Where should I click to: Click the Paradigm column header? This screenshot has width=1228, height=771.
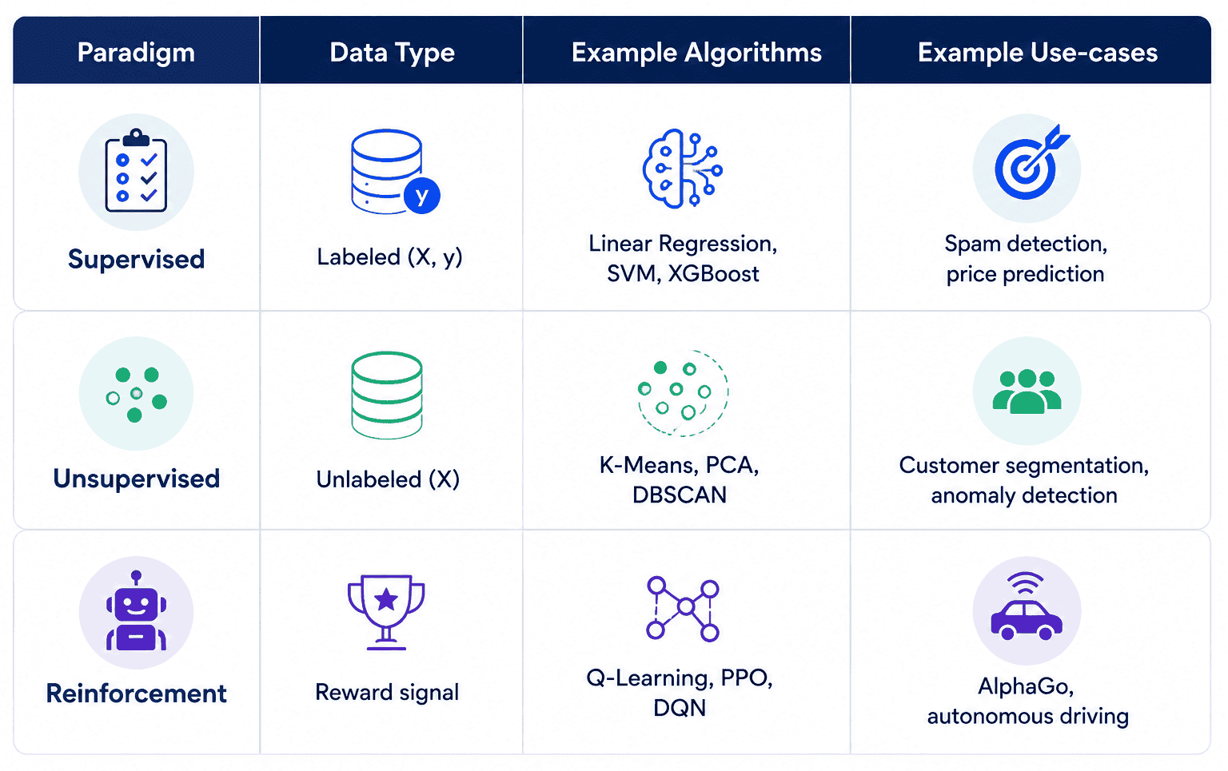point(136,53)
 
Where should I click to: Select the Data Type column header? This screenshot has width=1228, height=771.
point(392,53)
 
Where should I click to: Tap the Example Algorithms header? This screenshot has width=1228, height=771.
point(696,53)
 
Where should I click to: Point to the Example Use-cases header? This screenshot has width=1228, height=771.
point(1037,53)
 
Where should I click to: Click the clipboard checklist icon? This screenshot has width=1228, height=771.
point(136,170)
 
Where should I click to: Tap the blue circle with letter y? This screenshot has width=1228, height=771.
point(421,195)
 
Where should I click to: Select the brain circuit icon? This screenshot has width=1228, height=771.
point(683,169)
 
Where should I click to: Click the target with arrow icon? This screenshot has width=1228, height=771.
point(1030,163)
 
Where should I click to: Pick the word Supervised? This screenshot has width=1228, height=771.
point(136,259)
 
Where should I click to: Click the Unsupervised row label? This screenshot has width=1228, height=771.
point(136,479)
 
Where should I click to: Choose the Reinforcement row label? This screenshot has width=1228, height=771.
point(136,694)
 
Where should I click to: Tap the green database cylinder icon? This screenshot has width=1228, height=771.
point(387,395)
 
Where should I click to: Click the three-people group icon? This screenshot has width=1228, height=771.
point(1027,391)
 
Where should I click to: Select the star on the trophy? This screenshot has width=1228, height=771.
point(386,599)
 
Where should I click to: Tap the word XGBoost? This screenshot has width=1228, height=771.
point(713,274)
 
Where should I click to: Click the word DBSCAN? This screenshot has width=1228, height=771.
point(680,495)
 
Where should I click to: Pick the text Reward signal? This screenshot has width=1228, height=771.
point(387,692)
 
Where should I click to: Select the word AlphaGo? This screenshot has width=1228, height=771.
point(1026,686)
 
